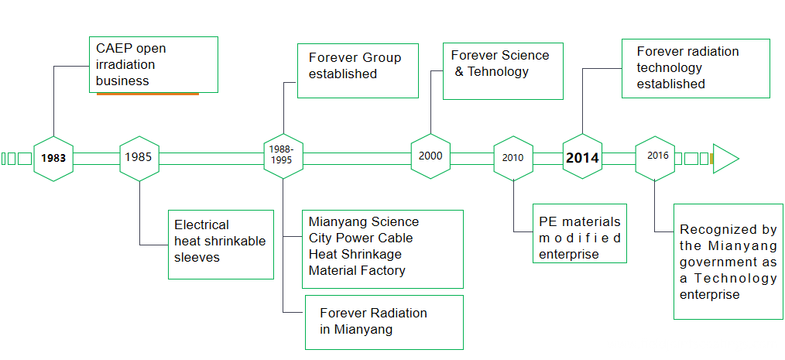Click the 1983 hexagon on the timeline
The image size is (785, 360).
pos(53,158)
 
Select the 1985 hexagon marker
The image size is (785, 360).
pos(139,158)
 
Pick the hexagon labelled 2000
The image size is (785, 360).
pos(430,156)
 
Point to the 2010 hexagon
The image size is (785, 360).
pos(512,157)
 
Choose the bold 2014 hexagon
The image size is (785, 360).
pos(582,157)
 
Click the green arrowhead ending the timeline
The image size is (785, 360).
pos(724,159)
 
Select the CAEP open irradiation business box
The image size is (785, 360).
pos(153,64)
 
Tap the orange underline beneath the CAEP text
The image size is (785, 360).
pos(147,94)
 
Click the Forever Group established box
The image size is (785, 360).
pos(358,70)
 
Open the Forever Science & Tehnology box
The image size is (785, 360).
pos(502,71)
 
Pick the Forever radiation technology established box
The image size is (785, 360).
pos(695,68)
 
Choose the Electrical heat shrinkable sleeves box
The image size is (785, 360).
pos(221,244)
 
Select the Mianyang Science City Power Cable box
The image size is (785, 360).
pos(384,249)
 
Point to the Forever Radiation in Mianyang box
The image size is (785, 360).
pos(384,322)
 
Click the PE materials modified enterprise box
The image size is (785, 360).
pos(579,233)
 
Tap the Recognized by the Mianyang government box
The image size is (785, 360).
pos(728,261)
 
